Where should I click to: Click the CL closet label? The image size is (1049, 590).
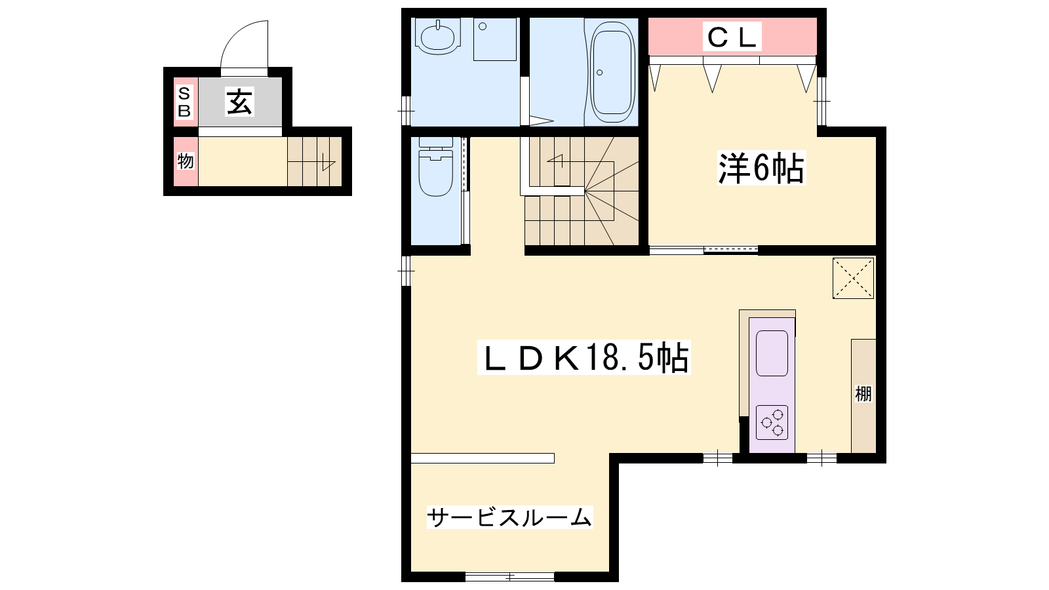click(732, 37)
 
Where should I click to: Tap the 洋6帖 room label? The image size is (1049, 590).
click(761, 168)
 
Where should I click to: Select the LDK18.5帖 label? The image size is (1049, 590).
click(584, 357)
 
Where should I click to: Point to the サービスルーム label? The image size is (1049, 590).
click(509, 517)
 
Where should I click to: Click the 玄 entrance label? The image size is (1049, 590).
click(239, 102)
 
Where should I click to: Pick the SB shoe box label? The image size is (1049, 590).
click(184, 102)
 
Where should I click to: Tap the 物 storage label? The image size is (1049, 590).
click(186, 161)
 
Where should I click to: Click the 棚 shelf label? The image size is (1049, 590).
click(863, 394)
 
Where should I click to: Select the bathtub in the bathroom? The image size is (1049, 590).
click(612, 73)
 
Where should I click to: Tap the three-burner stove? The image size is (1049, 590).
click(772, 422)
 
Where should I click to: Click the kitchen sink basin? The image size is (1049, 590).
click(772, 353)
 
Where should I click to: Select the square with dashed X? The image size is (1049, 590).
click(853, 278)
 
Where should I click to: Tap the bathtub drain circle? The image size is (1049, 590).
click(599, 73)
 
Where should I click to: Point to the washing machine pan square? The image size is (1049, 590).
click(495, 39)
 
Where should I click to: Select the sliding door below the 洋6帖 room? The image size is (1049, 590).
click(704, 250)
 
